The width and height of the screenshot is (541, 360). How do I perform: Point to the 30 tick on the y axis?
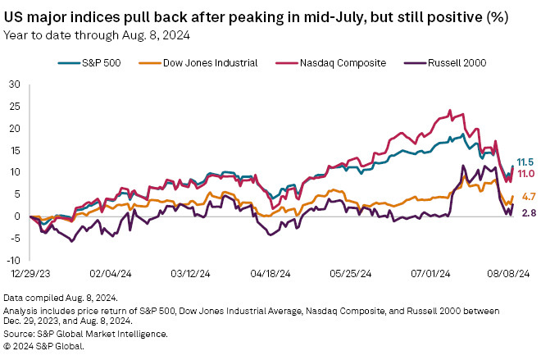[x=15, y=84]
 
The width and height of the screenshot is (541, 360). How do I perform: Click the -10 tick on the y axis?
[x=13, y=260]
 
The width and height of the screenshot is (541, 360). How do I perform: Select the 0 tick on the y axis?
[x=17, y=216]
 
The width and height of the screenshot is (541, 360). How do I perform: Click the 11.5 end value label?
[x=524, y=162]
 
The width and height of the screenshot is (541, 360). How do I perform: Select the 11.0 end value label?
[x=524, y=174]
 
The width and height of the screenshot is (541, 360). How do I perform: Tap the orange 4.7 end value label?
[x=528, y=197]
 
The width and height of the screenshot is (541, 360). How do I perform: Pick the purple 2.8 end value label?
[x=528, y=213]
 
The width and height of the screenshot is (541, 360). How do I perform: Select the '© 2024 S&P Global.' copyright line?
[x=48, y=345]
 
